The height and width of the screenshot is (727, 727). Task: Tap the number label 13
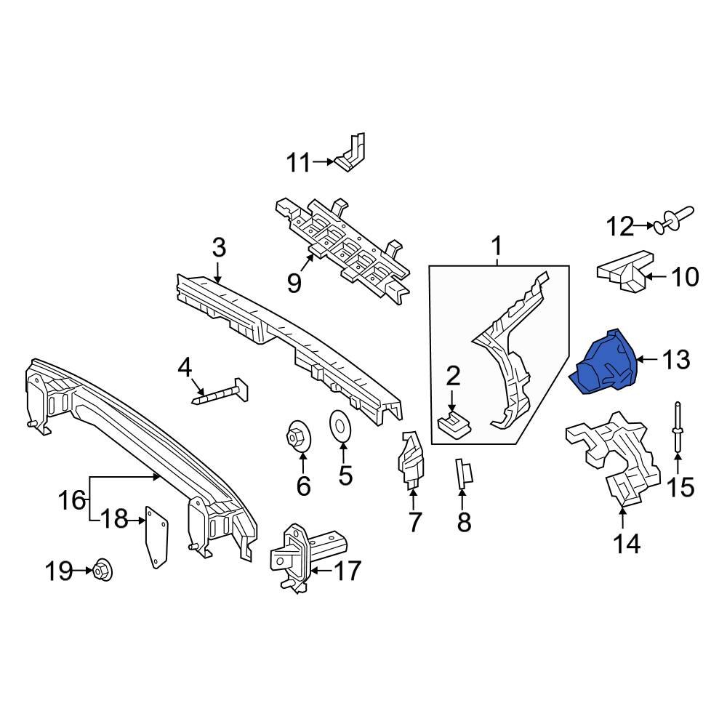tap(675, 359)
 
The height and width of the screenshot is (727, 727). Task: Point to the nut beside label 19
tap(102, 571)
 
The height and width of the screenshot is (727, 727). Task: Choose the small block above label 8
tap(464, 474)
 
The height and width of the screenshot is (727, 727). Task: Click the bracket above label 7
tap(411, 458)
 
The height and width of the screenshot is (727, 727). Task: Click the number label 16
tap(72, 500)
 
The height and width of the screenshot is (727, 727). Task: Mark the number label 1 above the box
tap(497, 248)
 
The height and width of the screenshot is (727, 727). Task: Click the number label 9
tap(294, 282)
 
